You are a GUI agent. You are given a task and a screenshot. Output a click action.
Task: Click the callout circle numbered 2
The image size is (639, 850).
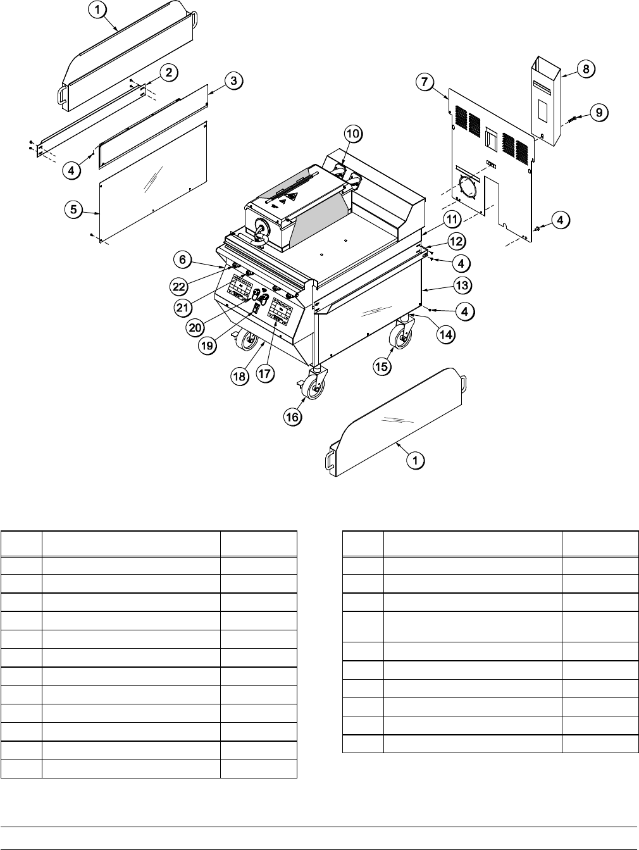coord(168,73)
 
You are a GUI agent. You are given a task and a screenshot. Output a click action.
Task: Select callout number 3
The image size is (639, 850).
coord(233,80)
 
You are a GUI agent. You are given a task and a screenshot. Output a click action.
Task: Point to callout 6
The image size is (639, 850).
coord(182,259)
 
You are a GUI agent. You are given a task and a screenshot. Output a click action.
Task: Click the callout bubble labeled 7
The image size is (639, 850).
coord(425,81)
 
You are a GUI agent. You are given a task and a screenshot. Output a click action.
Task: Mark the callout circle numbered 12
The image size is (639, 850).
coord(457,241)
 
